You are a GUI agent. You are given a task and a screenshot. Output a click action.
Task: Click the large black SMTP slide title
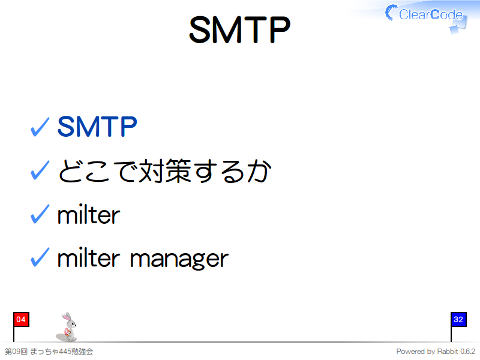coord(239,29)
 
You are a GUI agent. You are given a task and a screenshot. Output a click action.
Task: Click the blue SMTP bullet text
coord(97,127)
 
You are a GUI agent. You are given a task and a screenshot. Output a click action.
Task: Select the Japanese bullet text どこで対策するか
coord(164,171)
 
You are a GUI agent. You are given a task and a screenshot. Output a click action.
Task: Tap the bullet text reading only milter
coord(89,214)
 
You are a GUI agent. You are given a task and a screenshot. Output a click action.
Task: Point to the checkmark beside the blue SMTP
coord(40,127)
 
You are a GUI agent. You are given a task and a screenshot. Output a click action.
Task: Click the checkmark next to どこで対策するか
coord(40,170)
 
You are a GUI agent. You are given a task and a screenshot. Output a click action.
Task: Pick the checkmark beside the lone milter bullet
coord(40,214)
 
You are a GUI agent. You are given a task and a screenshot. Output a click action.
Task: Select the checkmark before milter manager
coord(40,257)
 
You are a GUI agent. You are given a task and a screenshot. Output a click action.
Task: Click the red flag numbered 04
coord(21,320)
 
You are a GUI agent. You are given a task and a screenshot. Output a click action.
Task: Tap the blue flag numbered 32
coord(458,320)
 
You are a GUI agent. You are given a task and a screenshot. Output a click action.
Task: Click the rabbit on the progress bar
coord(67,327)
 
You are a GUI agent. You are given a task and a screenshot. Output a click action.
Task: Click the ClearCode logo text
coord(431,14)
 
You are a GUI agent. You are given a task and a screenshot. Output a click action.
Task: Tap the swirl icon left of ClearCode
coord(391,13)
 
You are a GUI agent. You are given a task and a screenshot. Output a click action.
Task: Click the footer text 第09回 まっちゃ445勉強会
coord(49,351)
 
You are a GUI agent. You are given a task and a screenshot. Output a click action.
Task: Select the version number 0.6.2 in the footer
coord(468,352)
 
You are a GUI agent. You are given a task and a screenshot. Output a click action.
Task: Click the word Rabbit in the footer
coord(448,352)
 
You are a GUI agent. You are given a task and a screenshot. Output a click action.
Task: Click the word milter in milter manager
coord(89,258)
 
